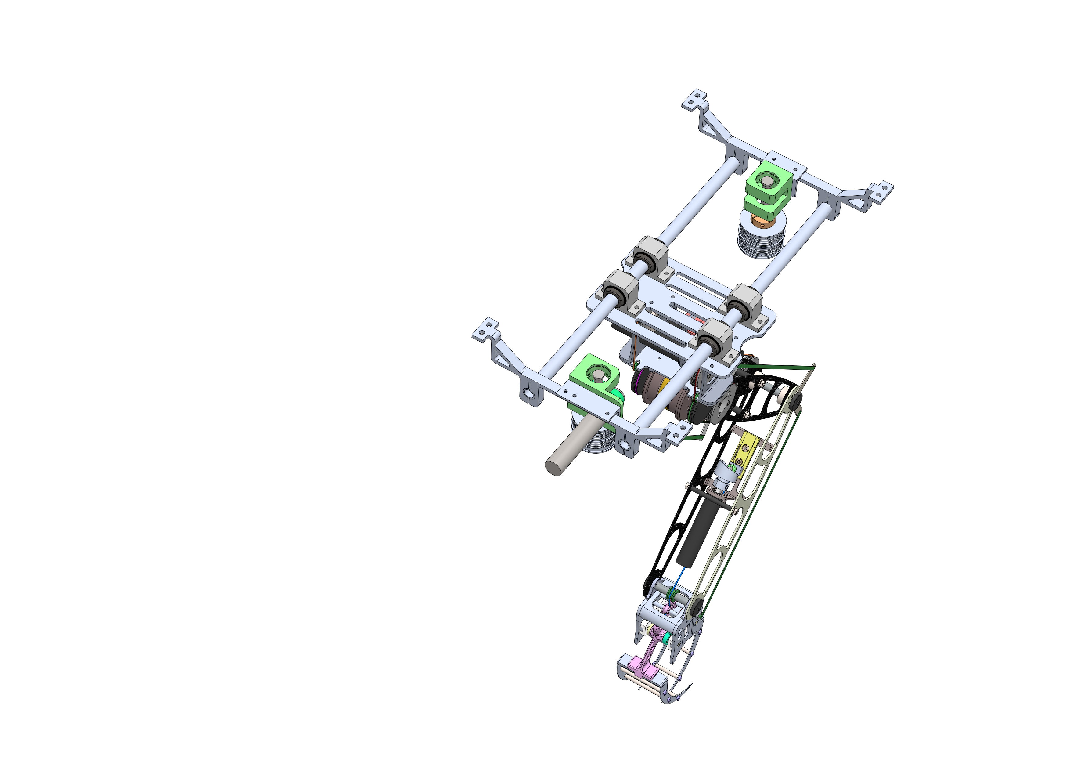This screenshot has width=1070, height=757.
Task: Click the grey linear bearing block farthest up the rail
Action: point(650,254)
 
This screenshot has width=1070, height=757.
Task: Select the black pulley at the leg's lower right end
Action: point(697,606)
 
